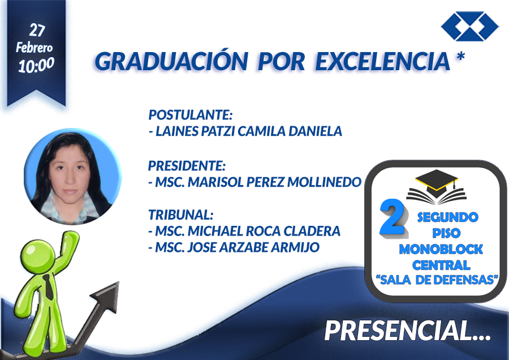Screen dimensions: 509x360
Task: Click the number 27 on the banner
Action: tap(37, 30)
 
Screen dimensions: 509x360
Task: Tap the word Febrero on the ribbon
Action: tap(34, 48)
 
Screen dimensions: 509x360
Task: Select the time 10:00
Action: tap(36, 65)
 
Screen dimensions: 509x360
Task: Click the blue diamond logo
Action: tap(470, 26)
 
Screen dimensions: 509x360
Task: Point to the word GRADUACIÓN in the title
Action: tap(171, 61)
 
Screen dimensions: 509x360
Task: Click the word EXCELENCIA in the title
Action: tap(383, 61)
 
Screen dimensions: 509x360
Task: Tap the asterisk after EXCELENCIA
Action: tap(460, 56)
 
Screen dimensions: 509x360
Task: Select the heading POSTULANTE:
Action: tap(191, 115)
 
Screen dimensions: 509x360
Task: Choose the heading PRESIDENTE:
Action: tap(187, 166)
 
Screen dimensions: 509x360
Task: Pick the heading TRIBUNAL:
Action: tap(181, 215)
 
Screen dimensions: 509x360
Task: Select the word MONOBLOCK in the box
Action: tap(441, 249)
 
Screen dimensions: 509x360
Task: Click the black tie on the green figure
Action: tap(49, 287)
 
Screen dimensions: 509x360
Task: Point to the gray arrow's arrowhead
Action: tap(107, 296)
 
